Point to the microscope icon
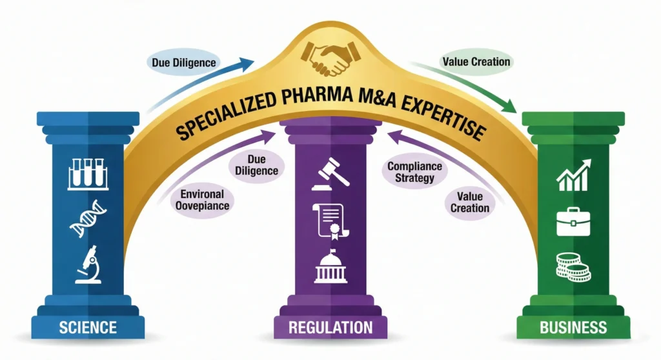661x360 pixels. point(88,265)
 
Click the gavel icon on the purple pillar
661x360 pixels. point(330,173)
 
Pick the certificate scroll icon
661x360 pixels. point(330,220)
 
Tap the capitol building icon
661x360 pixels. point(330,266)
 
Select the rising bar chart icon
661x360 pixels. point(573,175)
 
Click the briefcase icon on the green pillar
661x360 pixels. point(573,222)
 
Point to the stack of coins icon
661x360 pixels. point(573,266)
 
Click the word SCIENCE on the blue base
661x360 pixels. point(88,327)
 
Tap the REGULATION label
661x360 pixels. point(330,327)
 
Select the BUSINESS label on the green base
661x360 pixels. point(573,327)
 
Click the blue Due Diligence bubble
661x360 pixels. point(184,63)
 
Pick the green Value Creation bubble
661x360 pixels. point(476,62)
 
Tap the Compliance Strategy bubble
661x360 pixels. point(415,172)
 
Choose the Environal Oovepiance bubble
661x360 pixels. point(202,199)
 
